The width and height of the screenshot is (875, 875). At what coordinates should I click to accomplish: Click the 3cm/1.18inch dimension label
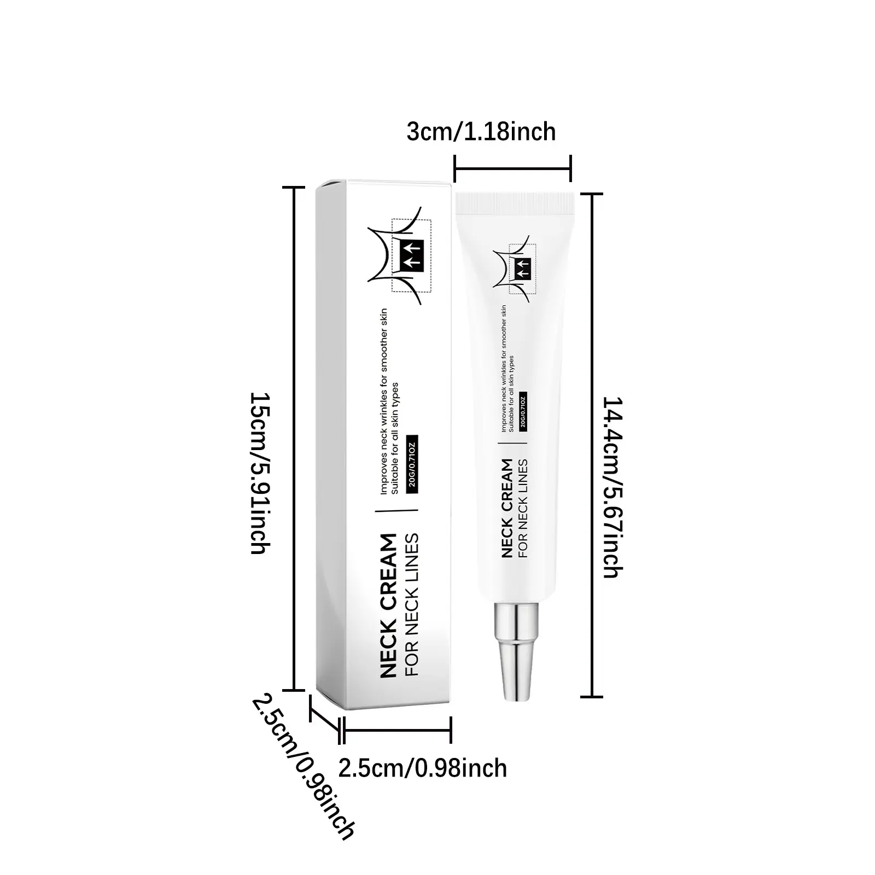(x=481, y=132)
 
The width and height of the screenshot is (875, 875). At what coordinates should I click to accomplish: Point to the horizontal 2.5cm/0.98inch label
(x=422, y=768)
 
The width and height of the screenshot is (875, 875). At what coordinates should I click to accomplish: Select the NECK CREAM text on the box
(x=388, y=606)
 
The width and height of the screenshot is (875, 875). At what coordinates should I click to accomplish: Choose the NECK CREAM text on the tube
(x=507, y=508)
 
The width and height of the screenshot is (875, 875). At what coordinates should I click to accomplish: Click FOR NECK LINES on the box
(x=411, y=604)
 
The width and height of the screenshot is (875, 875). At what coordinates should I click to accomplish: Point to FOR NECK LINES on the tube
(x=522, y=508)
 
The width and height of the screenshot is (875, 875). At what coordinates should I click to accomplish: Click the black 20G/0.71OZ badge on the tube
(x=523, y=411)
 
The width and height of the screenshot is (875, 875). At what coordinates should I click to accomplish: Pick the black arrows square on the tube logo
(x=522, y=266)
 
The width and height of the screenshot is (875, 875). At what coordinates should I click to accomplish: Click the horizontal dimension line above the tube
(x=512, y=168)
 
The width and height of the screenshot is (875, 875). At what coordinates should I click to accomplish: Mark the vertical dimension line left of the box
(x=296, y=437)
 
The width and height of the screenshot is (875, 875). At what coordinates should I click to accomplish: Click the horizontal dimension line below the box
(x=396, y=730)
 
